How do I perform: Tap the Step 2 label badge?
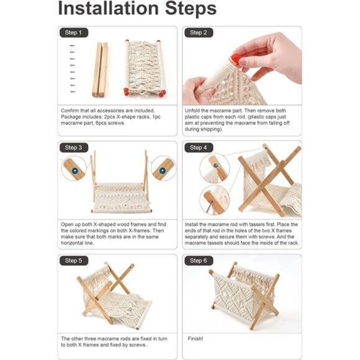point(198,32)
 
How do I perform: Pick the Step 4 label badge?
point(198,148)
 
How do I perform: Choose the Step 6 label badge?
point(198,261)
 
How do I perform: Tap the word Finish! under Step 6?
point(196,339)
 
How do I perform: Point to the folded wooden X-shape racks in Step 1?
point(100,70)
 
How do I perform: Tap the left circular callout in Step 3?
point(74,168)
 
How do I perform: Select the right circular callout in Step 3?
point(163,168)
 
